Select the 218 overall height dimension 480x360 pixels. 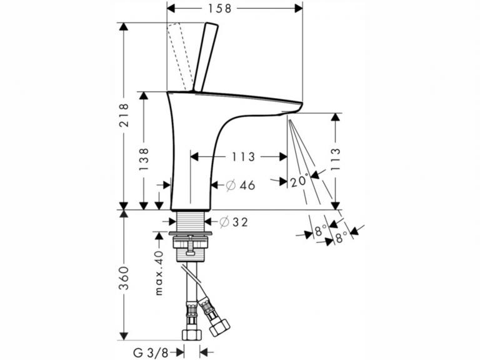click(124, 115)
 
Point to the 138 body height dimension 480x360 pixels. click(144, 159)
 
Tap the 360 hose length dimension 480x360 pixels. click(124, 278)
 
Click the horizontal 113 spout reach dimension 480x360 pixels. click(243, 157)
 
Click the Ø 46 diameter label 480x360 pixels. click(241, 185)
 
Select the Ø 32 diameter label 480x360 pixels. click(234, 222)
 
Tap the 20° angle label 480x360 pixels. click(299, 181)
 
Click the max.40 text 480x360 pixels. click(159, 272)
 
